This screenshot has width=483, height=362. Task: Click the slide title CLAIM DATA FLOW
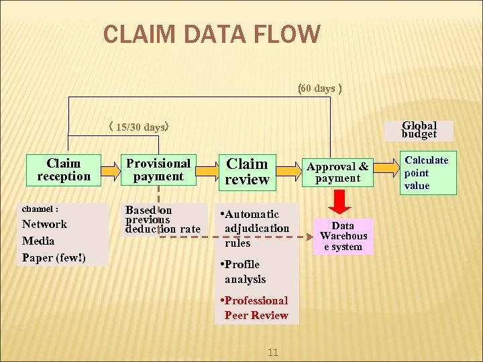[212, 34]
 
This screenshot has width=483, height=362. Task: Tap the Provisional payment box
[158, 170]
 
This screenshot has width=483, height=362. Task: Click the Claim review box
[248, 171]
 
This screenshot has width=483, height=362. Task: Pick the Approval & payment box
[338, 172]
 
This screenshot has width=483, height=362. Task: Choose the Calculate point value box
[427, 173]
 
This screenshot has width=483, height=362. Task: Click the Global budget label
[419, 129]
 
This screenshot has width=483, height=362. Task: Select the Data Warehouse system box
[343, 236]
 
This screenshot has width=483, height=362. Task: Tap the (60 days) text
[320, 88]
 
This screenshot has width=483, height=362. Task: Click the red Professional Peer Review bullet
[256, 308]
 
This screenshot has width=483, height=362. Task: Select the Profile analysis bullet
[245, 271]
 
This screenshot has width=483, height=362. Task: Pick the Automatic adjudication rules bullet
[256, 229]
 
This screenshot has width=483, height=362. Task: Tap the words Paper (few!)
[55, 257]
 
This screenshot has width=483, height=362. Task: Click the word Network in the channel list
[44, 224]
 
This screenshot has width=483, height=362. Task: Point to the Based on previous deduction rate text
[162, 219]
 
